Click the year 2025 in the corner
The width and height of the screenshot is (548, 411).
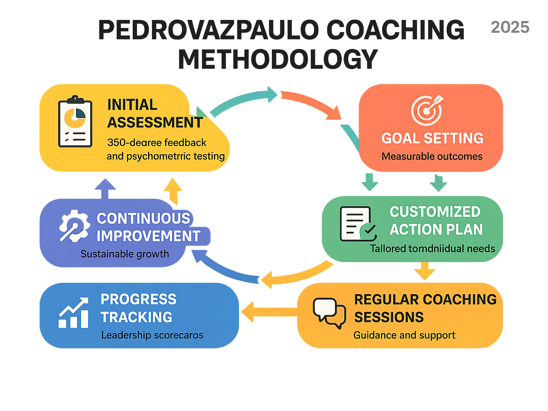coord(510,27)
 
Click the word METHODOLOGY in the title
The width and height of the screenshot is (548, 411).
coord(278,59)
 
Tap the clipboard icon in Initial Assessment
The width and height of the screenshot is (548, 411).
coord(75,122)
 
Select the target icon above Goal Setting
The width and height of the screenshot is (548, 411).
coord(427,110)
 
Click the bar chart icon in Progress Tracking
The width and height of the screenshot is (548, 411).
coord(73,313)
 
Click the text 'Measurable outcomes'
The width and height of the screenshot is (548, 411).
coord(432,156)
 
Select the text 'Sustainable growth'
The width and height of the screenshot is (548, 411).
coord(125,254)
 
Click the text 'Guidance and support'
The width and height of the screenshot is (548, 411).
coord(404,335)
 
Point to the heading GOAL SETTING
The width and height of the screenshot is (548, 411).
coord(432,139)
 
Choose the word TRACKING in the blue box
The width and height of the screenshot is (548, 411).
coord(136,317)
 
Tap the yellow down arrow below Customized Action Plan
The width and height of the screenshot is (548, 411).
coord(425,271)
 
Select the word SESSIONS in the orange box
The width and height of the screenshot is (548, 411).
coord(389,317)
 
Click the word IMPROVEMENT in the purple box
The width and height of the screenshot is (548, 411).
coord(148,236)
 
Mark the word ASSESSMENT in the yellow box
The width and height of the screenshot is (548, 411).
coord(155,123)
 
